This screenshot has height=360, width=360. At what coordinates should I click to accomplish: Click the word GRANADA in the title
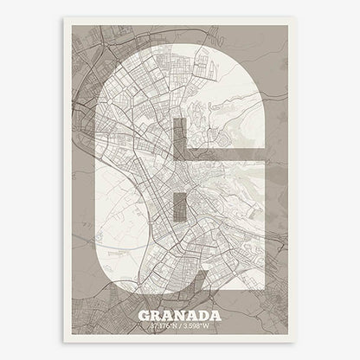(x=180, y=316)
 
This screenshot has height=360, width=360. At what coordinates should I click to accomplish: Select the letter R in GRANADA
(x=157, y=316)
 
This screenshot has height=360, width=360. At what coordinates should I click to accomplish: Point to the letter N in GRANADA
(x=180, y=316)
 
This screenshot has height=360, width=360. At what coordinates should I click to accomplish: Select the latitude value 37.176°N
(x=164, y=326)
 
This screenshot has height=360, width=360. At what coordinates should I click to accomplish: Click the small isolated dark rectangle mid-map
(x=179, y=207)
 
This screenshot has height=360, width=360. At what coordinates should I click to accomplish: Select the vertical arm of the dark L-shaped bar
(x=179, y=143)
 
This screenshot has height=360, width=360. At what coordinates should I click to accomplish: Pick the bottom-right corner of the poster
(x=296, y=343)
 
